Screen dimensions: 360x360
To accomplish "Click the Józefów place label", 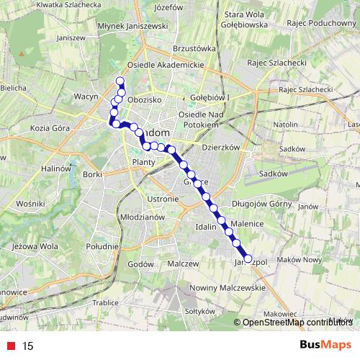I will tap(166, 7).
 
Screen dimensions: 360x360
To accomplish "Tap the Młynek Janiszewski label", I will tap(135, 26).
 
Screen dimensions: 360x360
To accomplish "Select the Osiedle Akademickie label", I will tap(172, 63).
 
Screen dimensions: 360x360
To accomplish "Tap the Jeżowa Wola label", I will tap(29, 246).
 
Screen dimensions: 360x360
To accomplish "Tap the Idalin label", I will tap(205, 228).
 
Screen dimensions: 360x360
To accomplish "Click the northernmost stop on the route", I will tap(120, 81).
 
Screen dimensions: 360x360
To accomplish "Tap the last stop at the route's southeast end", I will tap(248, 258).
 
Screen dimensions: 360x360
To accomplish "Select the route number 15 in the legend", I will tap(27, 346).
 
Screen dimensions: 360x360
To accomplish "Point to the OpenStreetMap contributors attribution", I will tap(297, 322).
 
